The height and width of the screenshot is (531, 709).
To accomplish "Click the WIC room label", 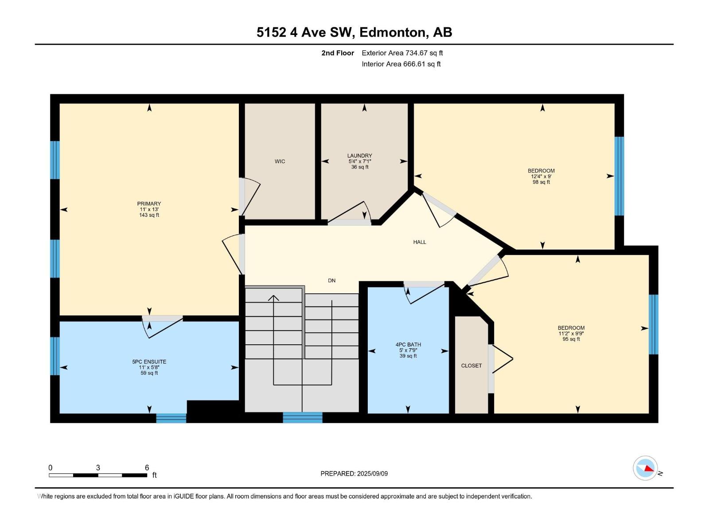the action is (280, 161).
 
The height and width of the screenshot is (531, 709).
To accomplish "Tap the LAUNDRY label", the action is (359, 156).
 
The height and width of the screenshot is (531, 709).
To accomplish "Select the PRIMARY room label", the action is (149, 204).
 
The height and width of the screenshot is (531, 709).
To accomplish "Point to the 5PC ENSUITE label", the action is (149, 362).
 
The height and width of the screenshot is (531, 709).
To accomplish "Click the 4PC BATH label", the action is (408, 344).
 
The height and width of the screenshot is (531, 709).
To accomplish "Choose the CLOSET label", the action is (471, 366).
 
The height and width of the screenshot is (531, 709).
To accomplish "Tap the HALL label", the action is (420, 242).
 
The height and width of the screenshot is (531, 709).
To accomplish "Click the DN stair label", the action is (332, 281).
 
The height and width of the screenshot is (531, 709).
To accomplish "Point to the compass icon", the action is (645, 468).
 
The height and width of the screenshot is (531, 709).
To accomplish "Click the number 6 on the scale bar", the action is (147, 467).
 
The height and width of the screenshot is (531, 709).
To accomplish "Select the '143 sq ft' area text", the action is (149, 215).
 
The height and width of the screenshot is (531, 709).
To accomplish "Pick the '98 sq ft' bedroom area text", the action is (541, 182).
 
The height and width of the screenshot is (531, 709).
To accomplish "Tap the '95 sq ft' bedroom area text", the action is (571, 339).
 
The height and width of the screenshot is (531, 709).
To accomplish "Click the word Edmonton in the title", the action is (393, 33).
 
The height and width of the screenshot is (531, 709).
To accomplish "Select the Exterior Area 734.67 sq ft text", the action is (402, 53).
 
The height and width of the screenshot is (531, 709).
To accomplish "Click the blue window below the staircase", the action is (303, 418).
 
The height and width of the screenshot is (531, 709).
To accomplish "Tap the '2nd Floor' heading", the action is (338, 53).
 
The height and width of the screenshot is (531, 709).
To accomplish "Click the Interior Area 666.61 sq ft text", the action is (401, 64).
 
